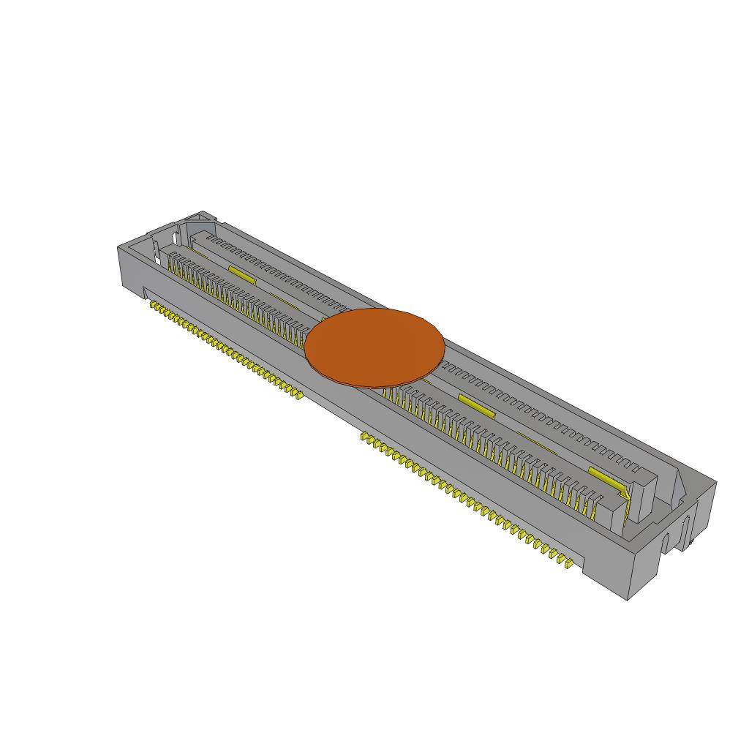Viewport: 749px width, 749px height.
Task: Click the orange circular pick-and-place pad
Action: click(x=374, y=347)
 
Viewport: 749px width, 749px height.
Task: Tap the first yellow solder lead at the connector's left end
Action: click(x=154, y=306)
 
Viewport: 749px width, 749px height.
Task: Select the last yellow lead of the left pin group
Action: click(x=298, y=396)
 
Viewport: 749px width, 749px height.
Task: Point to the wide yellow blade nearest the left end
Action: click(x=242, y=274)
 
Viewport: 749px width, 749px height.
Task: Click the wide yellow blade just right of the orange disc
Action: click(x=477, y=404)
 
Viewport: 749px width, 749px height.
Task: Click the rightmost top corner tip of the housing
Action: click(x=715, y=483)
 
